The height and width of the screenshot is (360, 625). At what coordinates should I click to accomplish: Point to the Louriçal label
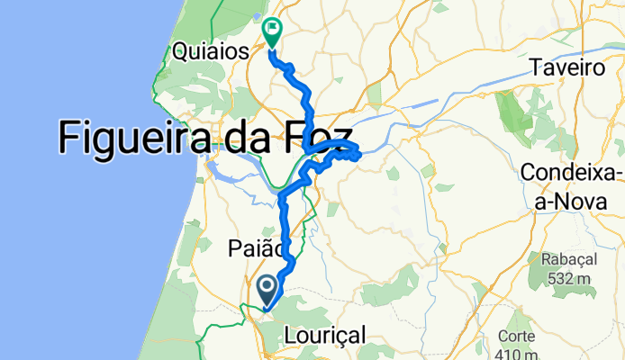(x=324, y=335)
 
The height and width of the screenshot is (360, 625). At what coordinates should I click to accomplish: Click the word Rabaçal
(x=569, y=259)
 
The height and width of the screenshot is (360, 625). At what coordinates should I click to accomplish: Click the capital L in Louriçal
(x=289, y=335)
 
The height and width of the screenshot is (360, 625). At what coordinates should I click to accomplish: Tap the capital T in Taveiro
(x=537, y=67)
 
